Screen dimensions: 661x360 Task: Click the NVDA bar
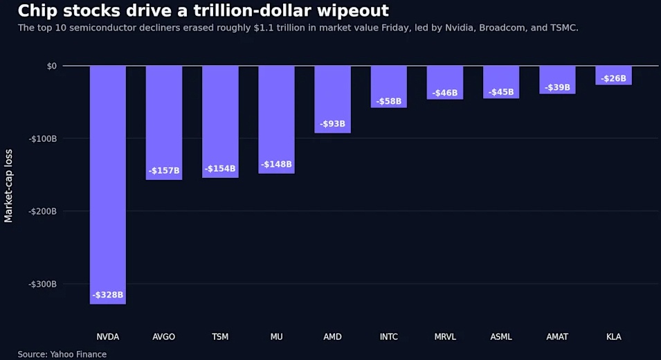[108, 185]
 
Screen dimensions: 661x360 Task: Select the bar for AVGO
[164, 123]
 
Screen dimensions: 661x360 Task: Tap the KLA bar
[613, 75]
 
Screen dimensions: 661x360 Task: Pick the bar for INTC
[389, 87]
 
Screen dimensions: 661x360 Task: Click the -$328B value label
[108, 295]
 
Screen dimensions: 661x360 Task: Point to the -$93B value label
[333, 123]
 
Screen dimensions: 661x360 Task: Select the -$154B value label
[220, 169]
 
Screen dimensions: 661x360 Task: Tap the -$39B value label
[557, 87]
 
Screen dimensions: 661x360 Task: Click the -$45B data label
[501, 92]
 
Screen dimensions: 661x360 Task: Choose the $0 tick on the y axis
[51, 66]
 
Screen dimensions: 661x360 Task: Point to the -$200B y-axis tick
[43, 211]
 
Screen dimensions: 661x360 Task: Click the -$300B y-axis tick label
[43, 284]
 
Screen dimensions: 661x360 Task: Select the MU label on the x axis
[277, 337]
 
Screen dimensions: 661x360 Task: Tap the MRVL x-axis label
[445, 337]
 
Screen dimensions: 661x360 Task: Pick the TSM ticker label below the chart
[220, 337]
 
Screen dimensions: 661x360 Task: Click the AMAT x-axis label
[557, 337]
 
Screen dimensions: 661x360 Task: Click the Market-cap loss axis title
[8, 186]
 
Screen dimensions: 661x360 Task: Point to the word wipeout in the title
[353, 10]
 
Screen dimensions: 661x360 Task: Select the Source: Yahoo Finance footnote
[62, 354]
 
